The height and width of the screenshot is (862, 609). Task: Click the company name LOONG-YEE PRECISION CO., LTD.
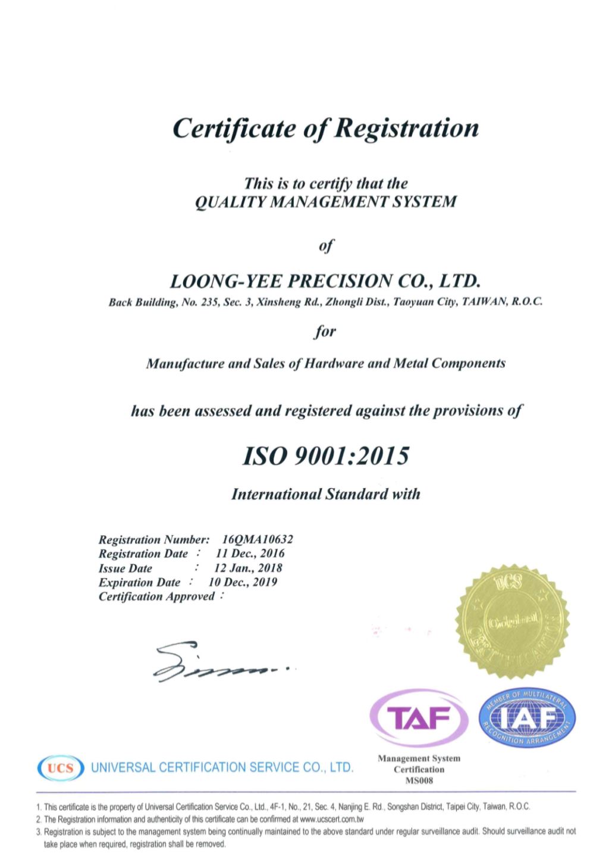[x=325, y=280]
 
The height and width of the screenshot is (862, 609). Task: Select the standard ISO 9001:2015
[x=326, y=456]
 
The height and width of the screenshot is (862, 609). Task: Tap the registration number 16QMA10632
[x=257, y=539]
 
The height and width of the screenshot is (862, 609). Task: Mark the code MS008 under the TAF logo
[x=419, y=780]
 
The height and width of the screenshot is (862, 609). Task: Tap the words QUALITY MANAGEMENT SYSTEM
[x=326, y=202]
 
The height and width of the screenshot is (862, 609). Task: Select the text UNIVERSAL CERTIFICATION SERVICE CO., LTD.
[x=222, y=767]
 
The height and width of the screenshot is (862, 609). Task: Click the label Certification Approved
[x=156, y=596]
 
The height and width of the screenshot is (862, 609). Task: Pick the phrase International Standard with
[x=325, y=494]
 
